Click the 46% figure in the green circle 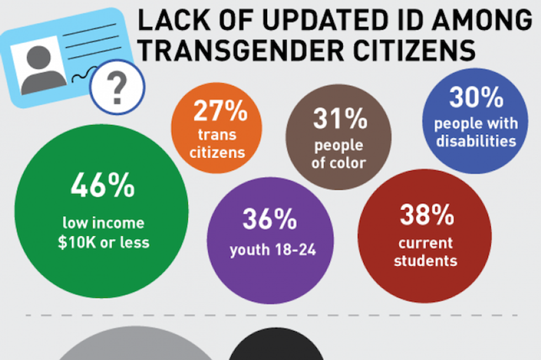pos(102,186)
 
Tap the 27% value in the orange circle pos(220,112)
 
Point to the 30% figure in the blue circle pos(476,98)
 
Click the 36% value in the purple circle pos(269,220)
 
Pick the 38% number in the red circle pos(424,215)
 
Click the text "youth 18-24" pos(273,250)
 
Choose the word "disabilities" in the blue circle pos(476,141)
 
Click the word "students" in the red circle pos(425,260)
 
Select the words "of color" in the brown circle pos(338,163)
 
